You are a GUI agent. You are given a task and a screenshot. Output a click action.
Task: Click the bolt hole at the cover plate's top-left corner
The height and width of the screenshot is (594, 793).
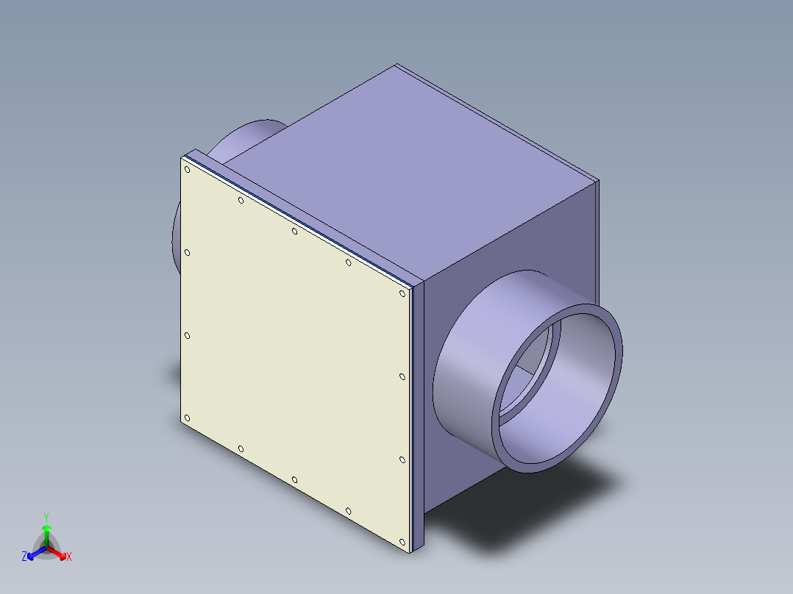coord(188,170)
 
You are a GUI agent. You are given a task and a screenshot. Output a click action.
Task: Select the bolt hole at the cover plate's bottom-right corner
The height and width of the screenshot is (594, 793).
coord(402,543)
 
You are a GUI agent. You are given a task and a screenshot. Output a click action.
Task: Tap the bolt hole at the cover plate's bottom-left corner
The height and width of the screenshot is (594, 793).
coord(187,418)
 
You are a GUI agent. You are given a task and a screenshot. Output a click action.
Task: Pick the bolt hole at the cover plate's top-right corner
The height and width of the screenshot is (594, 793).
coord(402,293)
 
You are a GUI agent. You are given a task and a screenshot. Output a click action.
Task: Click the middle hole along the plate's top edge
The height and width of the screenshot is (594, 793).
coord(294,232)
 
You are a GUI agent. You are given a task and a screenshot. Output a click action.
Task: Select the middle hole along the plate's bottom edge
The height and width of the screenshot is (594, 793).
coord(294,480)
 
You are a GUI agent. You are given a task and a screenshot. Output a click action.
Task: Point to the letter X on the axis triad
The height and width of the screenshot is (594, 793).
coord(69,557)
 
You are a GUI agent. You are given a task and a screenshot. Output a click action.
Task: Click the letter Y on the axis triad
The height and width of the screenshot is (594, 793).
coord(46,517)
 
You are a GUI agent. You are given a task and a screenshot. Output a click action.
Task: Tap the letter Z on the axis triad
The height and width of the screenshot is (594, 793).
coord(24,557)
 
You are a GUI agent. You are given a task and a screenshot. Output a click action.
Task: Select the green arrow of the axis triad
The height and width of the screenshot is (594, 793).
coord(46,531)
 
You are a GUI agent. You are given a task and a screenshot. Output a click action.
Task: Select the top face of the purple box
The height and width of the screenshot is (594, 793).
coord(434,169)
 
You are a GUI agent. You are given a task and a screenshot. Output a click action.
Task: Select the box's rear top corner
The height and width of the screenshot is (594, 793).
coord(396,65)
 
